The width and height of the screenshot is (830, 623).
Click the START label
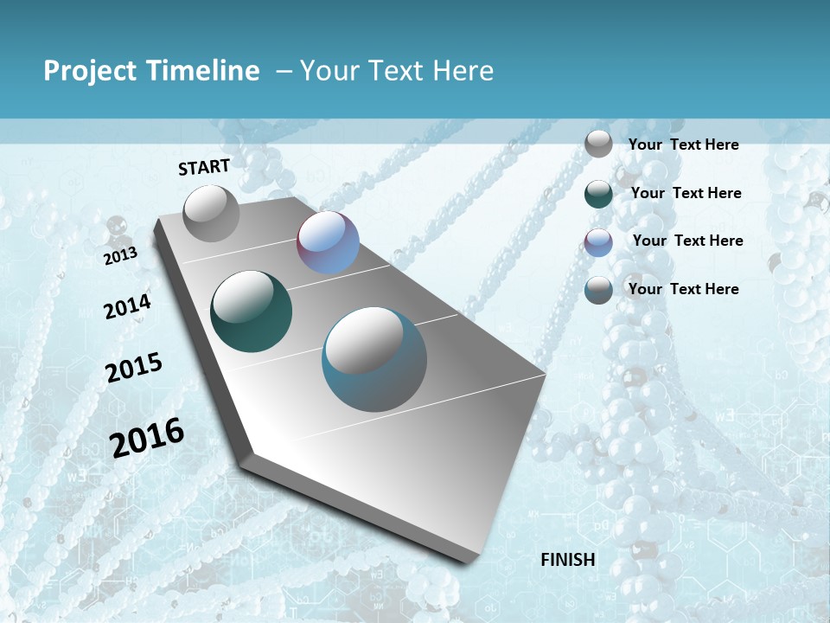(x=204, y=167)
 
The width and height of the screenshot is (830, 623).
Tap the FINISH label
(x=567, y=560)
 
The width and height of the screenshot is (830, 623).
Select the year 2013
(x=120, y=256)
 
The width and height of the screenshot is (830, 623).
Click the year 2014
(x=127, y=307)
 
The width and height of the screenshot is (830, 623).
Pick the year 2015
(x=134, y=368)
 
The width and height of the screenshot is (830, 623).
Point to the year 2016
(x=147, y=437)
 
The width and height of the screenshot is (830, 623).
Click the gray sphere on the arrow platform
(x=211, y=213)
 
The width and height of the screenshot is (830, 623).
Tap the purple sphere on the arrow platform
(x=328, y=242)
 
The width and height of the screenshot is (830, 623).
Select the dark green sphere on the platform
(x=251, y=311)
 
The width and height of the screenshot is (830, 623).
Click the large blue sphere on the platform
(x=373, y=358)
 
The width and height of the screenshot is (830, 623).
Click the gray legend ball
(x=598, y=145)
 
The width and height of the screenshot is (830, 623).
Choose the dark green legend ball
(x=598, y=194)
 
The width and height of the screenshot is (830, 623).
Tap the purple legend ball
(x=598, y=241)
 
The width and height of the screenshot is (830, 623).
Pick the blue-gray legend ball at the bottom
(x=598, y=290)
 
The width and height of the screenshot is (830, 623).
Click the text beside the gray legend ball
(x=683, y=145)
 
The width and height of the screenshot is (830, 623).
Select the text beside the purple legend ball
(x=687, y=241)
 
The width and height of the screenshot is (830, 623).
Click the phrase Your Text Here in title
(x=396, y=71)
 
